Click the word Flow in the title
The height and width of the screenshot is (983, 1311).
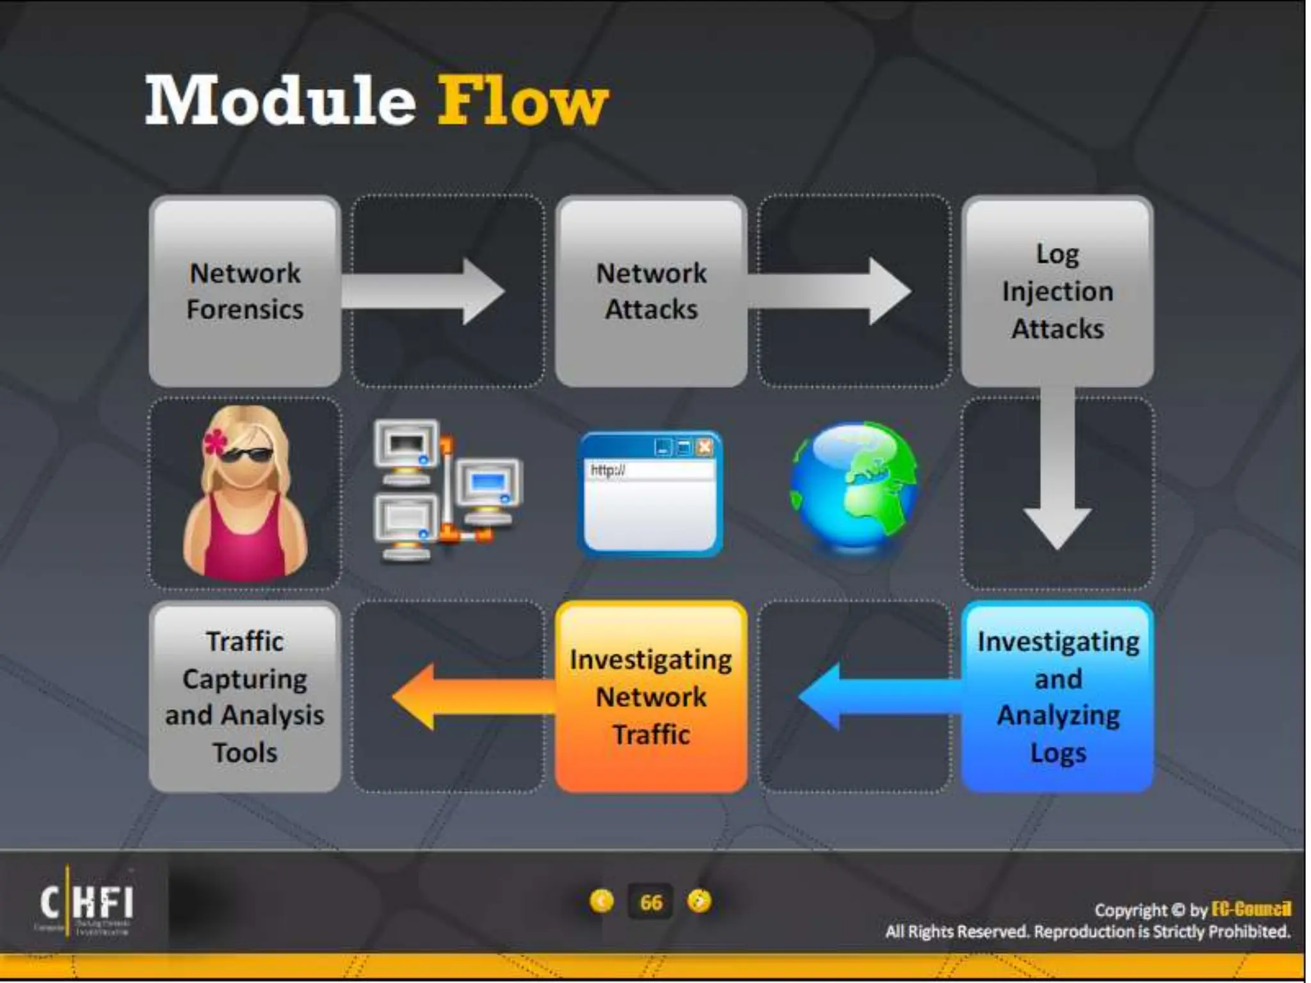click(x=522, y=101)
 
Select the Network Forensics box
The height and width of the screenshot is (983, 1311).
click(x=245, y=291)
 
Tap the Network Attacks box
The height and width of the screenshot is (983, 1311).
click(x=651, y=291)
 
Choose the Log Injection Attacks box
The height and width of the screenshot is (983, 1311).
click(x=1058, y=291)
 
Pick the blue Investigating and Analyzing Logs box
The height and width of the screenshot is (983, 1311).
click(x=1058, y=696)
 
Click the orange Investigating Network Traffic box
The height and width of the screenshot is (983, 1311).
click(x=651, y=696)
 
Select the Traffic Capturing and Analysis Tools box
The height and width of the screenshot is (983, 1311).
click(x=245, y=696)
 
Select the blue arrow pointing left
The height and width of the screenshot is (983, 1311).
click(x=877, y=696)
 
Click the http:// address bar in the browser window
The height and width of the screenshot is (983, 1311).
click(x=650, y=471)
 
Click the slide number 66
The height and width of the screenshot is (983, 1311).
click(x=651, y=902)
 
